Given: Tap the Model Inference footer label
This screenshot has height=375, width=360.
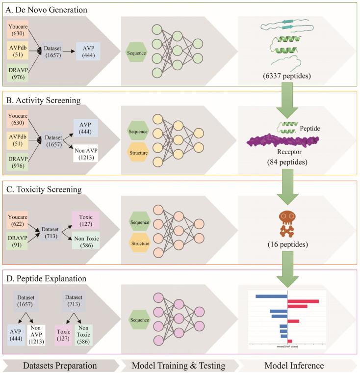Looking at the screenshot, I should (x=294, y=366).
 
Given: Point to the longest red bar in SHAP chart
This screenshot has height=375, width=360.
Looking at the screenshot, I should (x=303, y=301).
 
